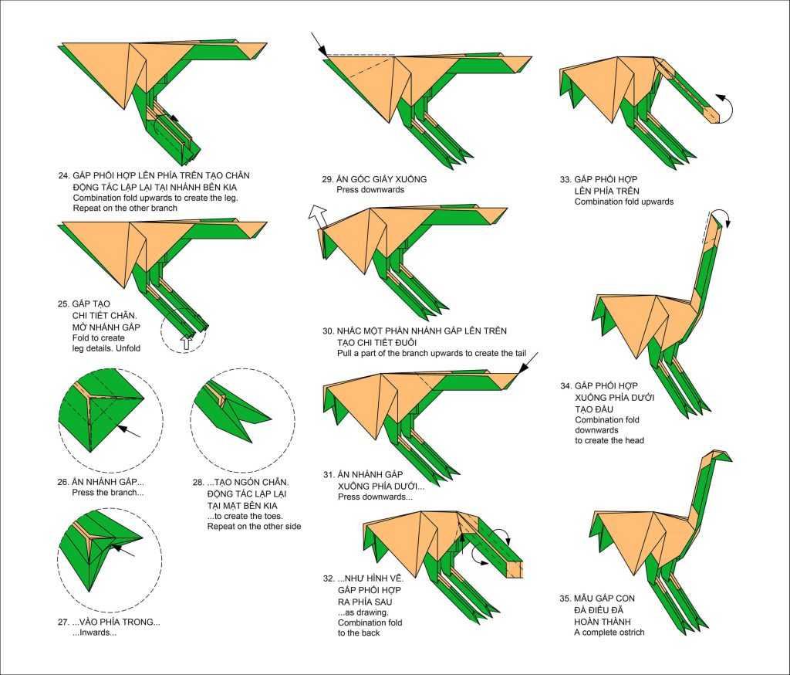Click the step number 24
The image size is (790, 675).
point(63,176)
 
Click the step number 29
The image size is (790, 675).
point(328,179)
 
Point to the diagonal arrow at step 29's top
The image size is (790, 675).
point(318,43)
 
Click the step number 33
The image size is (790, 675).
point(566,180)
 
